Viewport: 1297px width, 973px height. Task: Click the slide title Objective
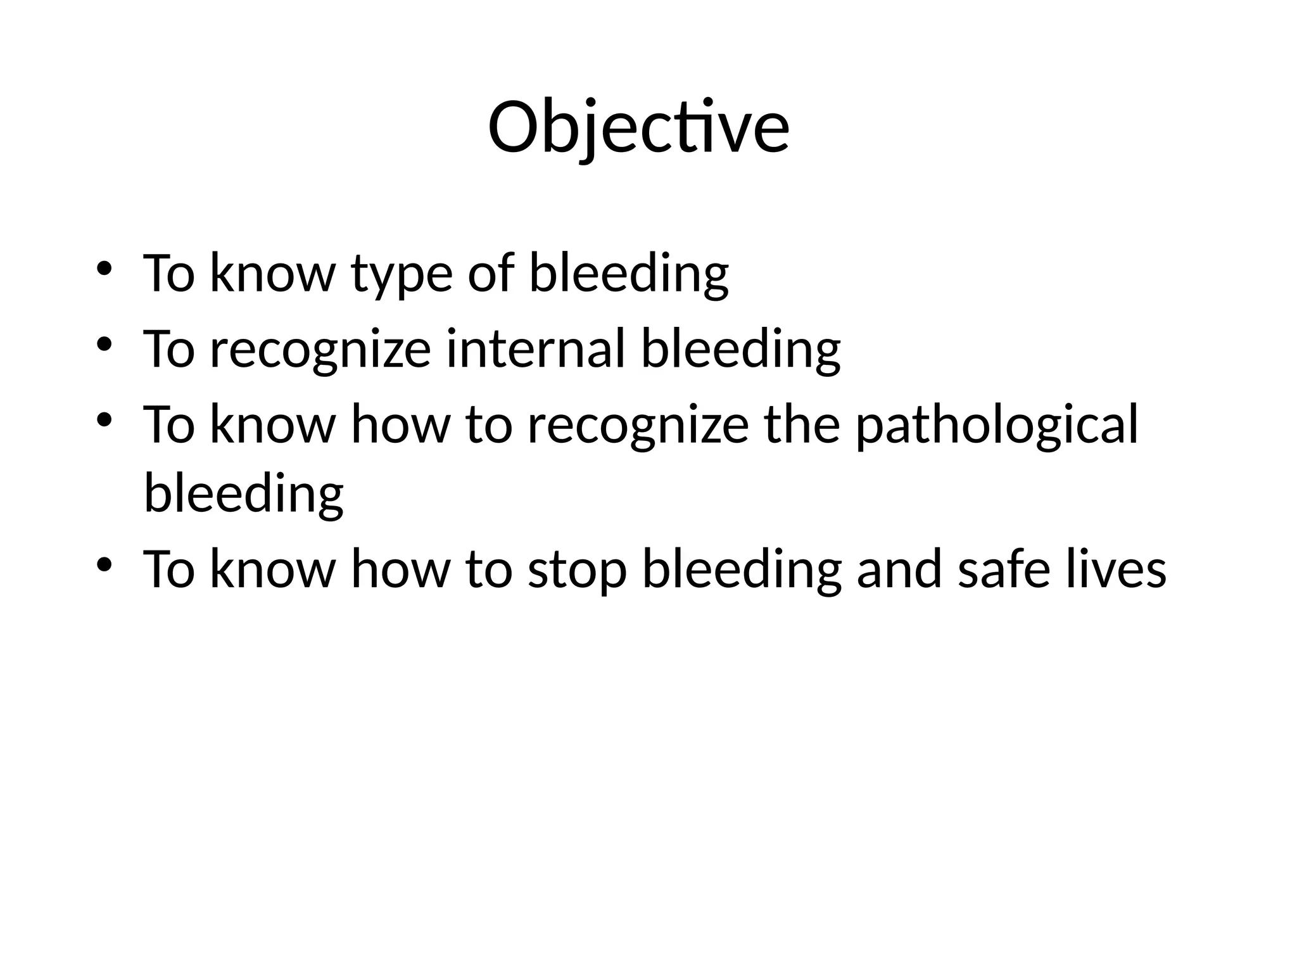[x=638, y=128]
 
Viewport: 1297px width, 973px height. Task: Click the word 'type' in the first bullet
[x=402, y=274]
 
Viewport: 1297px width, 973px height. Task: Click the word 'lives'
[x=1115, y=569]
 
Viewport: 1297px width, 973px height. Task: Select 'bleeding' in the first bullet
[x=628, y=274]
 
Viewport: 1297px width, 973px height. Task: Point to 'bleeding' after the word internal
[x=740, y=350]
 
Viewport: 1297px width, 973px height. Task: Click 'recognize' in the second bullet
[x=320, y=350]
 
